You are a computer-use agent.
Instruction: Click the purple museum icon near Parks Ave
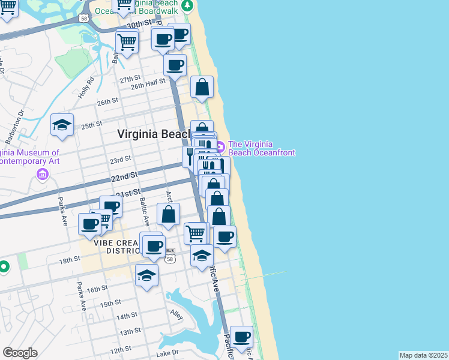click(x=42, y=175)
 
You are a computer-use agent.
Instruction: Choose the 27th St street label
click(x=129, y=79)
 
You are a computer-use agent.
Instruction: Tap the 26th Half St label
click(x=148, y=86)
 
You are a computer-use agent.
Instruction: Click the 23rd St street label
click(x=120, y=160)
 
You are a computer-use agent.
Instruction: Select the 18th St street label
click(x=70, y=259)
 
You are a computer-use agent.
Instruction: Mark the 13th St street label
click(x=130, y=331)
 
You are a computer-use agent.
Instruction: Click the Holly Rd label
click(x=86, y=88)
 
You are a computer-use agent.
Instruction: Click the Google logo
click(x=20, y=353)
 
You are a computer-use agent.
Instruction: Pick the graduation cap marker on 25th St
click(x=62, y=125)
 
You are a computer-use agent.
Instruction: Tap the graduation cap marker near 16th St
click(x=146, y=276)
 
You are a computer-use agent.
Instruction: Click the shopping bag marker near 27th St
click(x=202, y=88)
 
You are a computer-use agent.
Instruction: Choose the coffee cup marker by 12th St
click(x=241, y=337)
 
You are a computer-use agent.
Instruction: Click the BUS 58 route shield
click(x=170, y=254)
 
